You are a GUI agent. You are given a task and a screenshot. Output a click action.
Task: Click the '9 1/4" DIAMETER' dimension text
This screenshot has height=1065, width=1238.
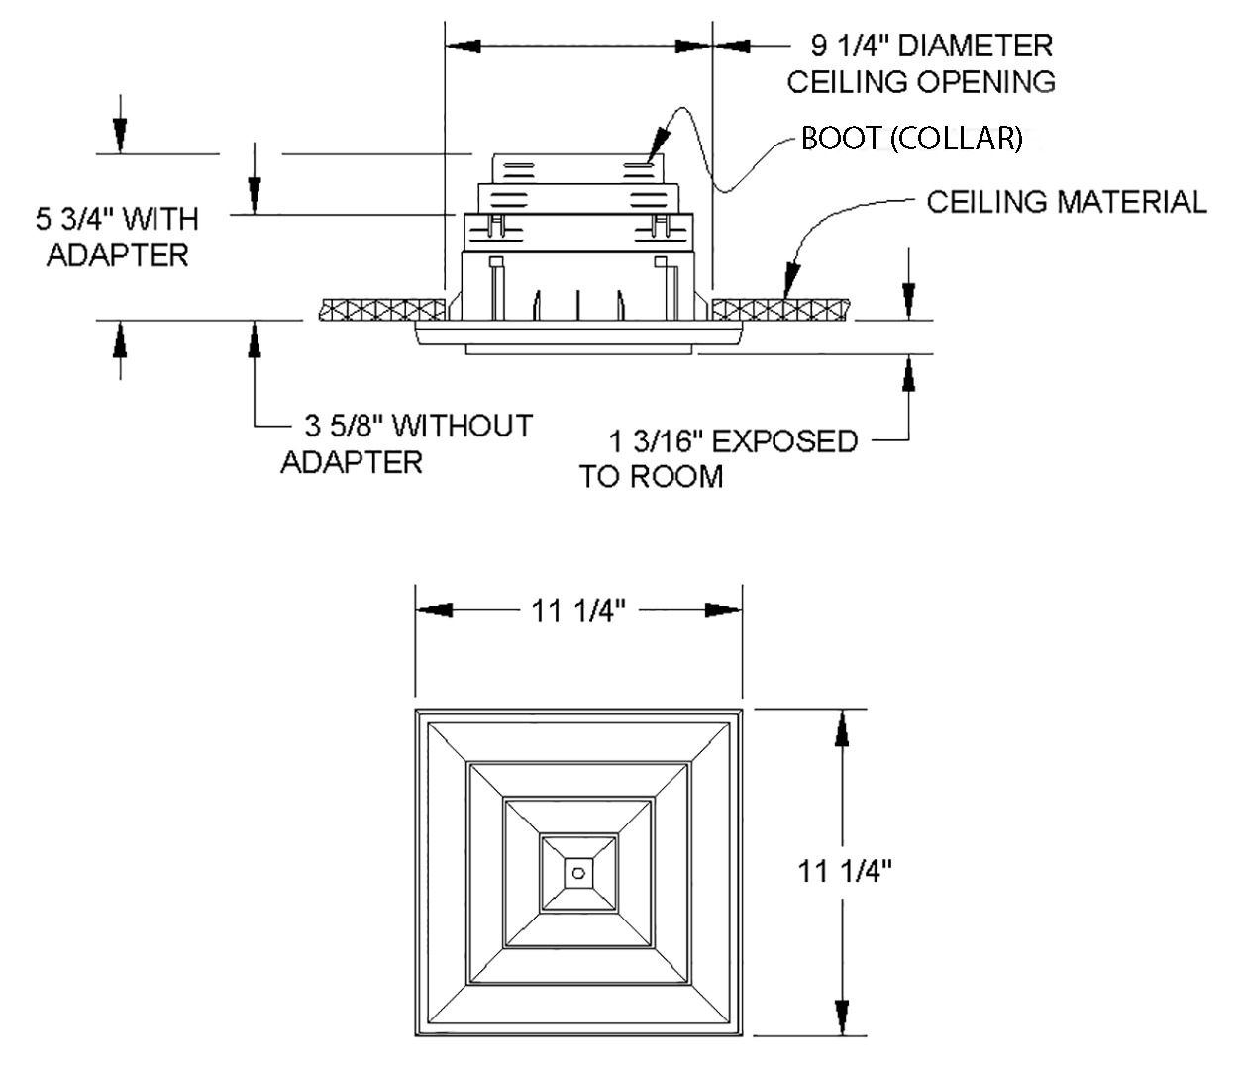point(931,46)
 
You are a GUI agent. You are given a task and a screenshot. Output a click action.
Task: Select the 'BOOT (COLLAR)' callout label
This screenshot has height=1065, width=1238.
point(911,139)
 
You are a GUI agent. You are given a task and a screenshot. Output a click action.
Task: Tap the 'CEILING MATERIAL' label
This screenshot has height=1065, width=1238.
point(1067,202)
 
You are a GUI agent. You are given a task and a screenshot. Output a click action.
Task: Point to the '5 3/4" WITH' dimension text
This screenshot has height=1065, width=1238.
point(118,218)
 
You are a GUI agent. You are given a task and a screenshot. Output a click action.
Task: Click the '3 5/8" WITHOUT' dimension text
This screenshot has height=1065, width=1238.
point(418,427)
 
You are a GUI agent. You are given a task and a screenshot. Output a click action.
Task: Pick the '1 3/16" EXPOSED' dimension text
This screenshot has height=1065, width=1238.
point(733,440)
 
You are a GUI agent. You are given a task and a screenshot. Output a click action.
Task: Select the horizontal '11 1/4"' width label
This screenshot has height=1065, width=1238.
point(579,611)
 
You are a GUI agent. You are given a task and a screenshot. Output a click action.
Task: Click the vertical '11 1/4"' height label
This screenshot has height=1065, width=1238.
point(846,871)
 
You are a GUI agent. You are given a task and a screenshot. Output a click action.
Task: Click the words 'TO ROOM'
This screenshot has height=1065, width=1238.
point(652,477)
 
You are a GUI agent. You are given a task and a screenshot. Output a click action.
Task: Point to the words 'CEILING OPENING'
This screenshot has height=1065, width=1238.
point(921,81)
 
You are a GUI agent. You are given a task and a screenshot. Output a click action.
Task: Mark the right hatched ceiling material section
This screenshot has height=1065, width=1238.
point(782,308)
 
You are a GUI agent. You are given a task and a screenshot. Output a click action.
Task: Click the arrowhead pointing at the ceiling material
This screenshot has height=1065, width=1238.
point(790,278)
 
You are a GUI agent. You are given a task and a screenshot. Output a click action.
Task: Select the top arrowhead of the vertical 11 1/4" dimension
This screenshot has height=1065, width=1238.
point(842,727)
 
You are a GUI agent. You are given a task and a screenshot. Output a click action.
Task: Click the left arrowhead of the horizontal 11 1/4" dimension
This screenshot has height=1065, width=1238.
point(434,611)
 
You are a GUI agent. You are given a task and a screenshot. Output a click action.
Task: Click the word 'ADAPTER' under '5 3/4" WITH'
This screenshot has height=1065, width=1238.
point(118,255)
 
